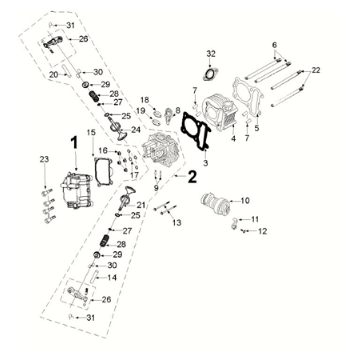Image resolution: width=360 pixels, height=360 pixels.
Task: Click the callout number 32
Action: [x=210, y=52]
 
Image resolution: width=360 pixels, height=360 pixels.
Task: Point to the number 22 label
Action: [x=316, y=70]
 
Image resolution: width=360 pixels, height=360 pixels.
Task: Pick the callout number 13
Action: [x=177, y=223]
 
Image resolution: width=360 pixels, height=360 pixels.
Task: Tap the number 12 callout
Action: [x=263, y=232]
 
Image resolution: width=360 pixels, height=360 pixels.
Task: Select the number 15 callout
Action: [x=91, y=133]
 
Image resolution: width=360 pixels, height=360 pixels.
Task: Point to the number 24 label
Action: [x=136, y=130]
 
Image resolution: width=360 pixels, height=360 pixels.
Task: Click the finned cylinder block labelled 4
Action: [x=224, y=111]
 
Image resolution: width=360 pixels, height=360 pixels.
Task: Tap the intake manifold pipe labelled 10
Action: [x=218, y=208]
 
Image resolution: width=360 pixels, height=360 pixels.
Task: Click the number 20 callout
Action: [x=53, y=75]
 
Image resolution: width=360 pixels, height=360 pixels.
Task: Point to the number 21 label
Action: [x=141, y=205]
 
